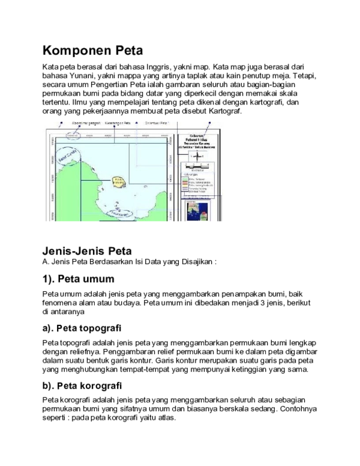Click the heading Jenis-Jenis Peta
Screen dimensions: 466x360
tap(86, 251)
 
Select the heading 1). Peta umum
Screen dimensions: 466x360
tap(79, 280)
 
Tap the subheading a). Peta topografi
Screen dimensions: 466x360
tap(82, 328)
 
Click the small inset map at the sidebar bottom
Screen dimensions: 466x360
tap(197, 210)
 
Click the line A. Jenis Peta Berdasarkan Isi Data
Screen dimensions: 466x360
tap(128, 262)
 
